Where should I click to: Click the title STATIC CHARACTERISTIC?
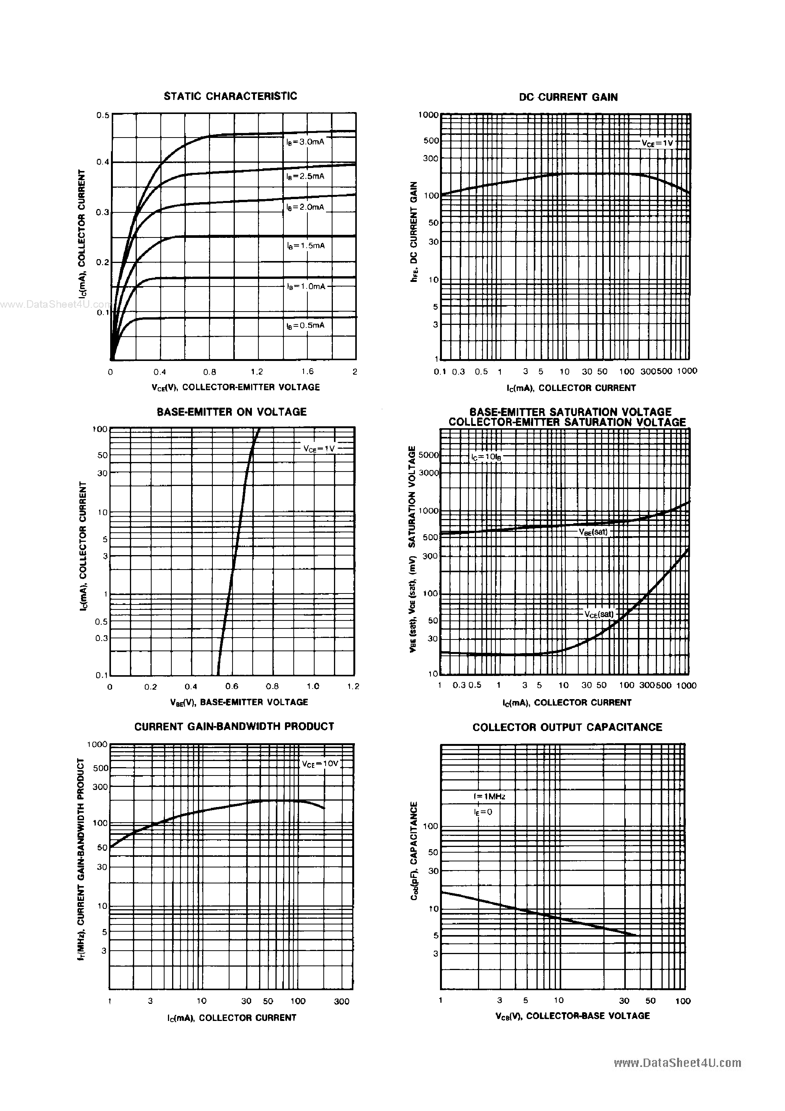[x=230, y=96]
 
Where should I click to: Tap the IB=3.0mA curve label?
[x=305, y=142]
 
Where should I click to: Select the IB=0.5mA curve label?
[x=305, y=325]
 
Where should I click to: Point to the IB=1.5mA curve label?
[x=305, y=245]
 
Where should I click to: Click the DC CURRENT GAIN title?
[x=568, y=97]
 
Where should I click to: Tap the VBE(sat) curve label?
[x=593, y=532]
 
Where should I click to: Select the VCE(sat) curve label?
[x=599, y=614]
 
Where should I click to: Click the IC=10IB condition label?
[x=486, y=456]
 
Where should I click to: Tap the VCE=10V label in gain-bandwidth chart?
[x=320, y=764]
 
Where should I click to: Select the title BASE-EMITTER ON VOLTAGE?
[x=231, y=412]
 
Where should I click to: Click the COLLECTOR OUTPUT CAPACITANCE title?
[x=567, y=727]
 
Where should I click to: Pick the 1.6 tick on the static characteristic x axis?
[x=307, y=372]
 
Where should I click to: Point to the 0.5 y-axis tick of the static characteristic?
[x=103, y=115]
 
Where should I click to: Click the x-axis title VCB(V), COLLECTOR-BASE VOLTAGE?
[x=572, y=1016]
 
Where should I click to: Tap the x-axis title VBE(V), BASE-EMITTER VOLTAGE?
[x=239, y=702]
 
